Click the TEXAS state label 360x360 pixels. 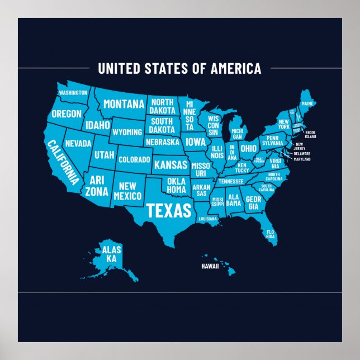(x=169, y=210)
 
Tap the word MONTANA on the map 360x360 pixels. (x=124, y=104)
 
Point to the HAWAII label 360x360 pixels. (x=210, y=267)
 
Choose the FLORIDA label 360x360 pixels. (x=271, y=234)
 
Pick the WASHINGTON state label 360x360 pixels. (x=73, y=92)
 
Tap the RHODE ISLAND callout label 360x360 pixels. (x=310, y=134)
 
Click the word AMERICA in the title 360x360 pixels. (x=235, y=69)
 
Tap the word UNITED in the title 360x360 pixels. (x=117, y=69)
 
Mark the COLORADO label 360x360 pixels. (x=134, y=159)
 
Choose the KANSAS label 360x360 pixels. (x=170, y=165)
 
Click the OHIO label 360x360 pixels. (x=249, y=149)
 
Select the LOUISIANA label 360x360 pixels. (x=208, y=219)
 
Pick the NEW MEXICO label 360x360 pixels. (x=128, y=191)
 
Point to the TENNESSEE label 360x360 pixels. (x=231, y=181)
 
